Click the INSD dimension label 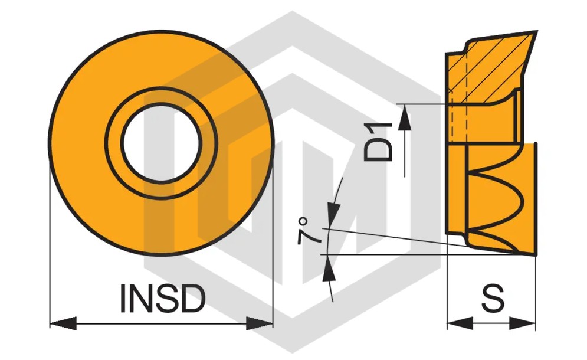point(163,298)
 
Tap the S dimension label point(492,298)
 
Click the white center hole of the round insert point(161,143)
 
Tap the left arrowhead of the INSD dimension point(63,323)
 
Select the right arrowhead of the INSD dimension point(259,323)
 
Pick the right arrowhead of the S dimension point(523,323)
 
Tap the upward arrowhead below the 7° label point(329,268)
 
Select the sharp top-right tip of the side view point(537,31)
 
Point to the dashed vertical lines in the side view point(459,97)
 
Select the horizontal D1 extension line point(422,104)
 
